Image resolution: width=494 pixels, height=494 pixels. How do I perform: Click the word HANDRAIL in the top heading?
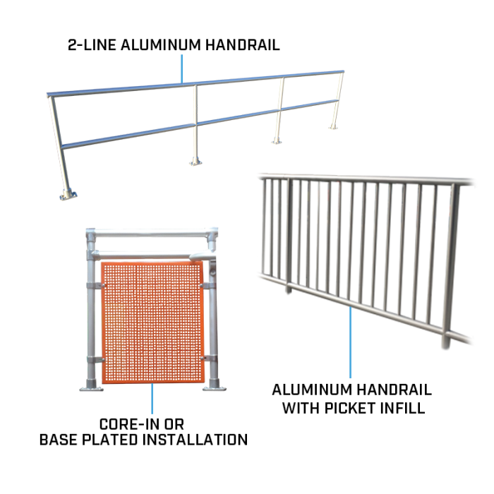click(x=242, y=45)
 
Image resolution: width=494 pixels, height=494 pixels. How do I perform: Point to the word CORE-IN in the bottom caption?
click(x=131, y=424)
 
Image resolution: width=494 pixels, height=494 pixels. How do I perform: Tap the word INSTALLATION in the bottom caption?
click(x=195, y=440)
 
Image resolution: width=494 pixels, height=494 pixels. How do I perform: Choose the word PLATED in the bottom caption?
click(x=109, y=440)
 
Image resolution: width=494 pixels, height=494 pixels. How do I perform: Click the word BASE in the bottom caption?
click(x=59, y=440)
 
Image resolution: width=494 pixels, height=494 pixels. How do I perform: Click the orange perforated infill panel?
click(x=152, y=323)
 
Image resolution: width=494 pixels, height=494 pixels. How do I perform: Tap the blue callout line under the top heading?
click(x=182, y=68)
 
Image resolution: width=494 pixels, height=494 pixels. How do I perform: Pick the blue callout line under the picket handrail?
click(x=350, y=342)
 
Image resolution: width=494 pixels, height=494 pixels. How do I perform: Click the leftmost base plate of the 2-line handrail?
click(x=68, y=194)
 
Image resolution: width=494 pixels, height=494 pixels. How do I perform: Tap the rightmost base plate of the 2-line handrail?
click(x=333, y=127)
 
